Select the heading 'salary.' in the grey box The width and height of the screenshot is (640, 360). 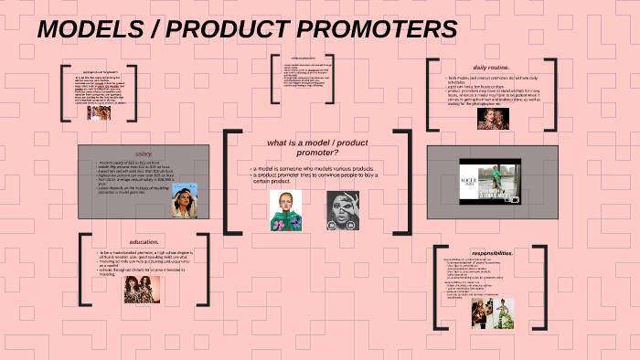click(144, 154)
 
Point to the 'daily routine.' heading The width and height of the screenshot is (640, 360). click(492, 68)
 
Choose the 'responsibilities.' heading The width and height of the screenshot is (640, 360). click(493, 252)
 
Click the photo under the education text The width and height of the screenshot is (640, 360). click(142, 289)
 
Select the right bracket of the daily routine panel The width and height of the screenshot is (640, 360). click(553, 95)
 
